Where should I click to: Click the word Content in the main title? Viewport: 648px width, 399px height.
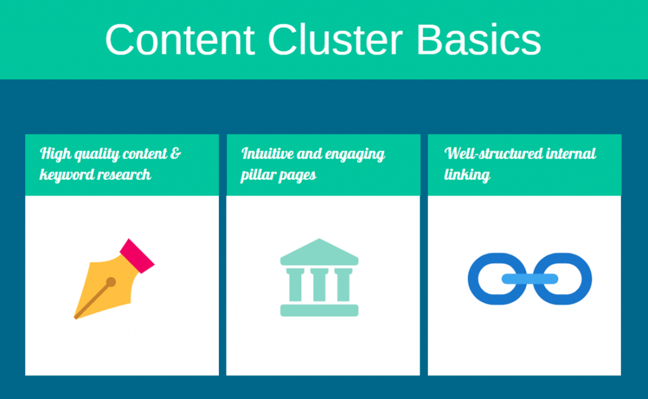(180, 40)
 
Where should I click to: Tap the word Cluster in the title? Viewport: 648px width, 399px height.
(335, 40)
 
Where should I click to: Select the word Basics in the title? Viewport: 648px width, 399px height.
(478, 40)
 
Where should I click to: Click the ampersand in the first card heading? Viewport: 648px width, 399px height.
(175, 153)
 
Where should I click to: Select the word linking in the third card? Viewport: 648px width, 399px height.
(468, 175)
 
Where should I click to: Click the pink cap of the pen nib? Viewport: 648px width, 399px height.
(137, 256)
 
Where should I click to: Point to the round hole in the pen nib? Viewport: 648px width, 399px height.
(111, 282)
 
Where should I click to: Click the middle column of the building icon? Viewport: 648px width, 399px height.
(319, 285)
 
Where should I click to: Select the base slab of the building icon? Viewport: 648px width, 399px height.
(319, 310)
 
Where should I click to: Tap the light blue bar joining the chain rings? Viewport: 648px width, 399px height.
(530, 279)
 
